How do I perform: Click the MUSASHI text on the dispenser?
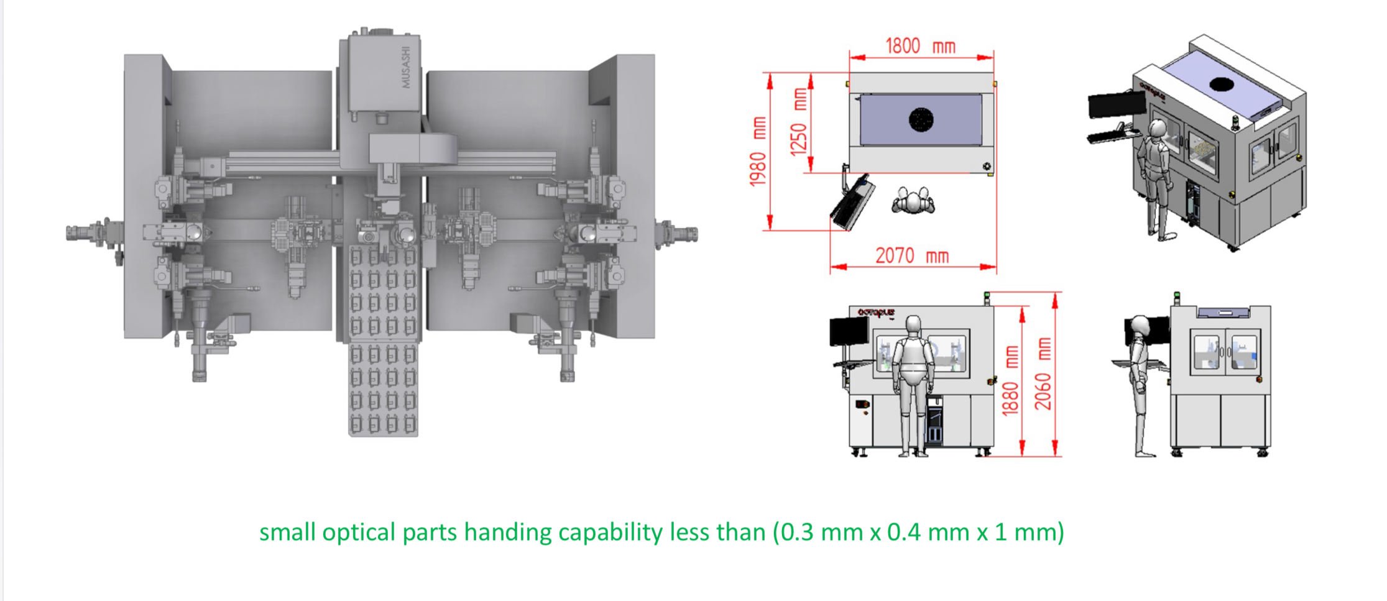(405, 67)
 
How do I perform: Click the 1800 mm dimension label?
(919, 46)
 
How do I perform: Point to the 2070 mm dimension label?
(911, 255)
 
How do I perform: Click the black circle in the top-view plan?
(921, 119)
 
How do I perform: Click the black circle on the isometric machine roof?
(1221, 84)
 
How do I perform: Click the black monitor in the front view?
(849, 331)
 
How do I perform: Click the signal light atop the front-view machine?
(986, 297)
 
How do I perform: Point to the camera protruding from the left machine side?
(87, 234)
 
